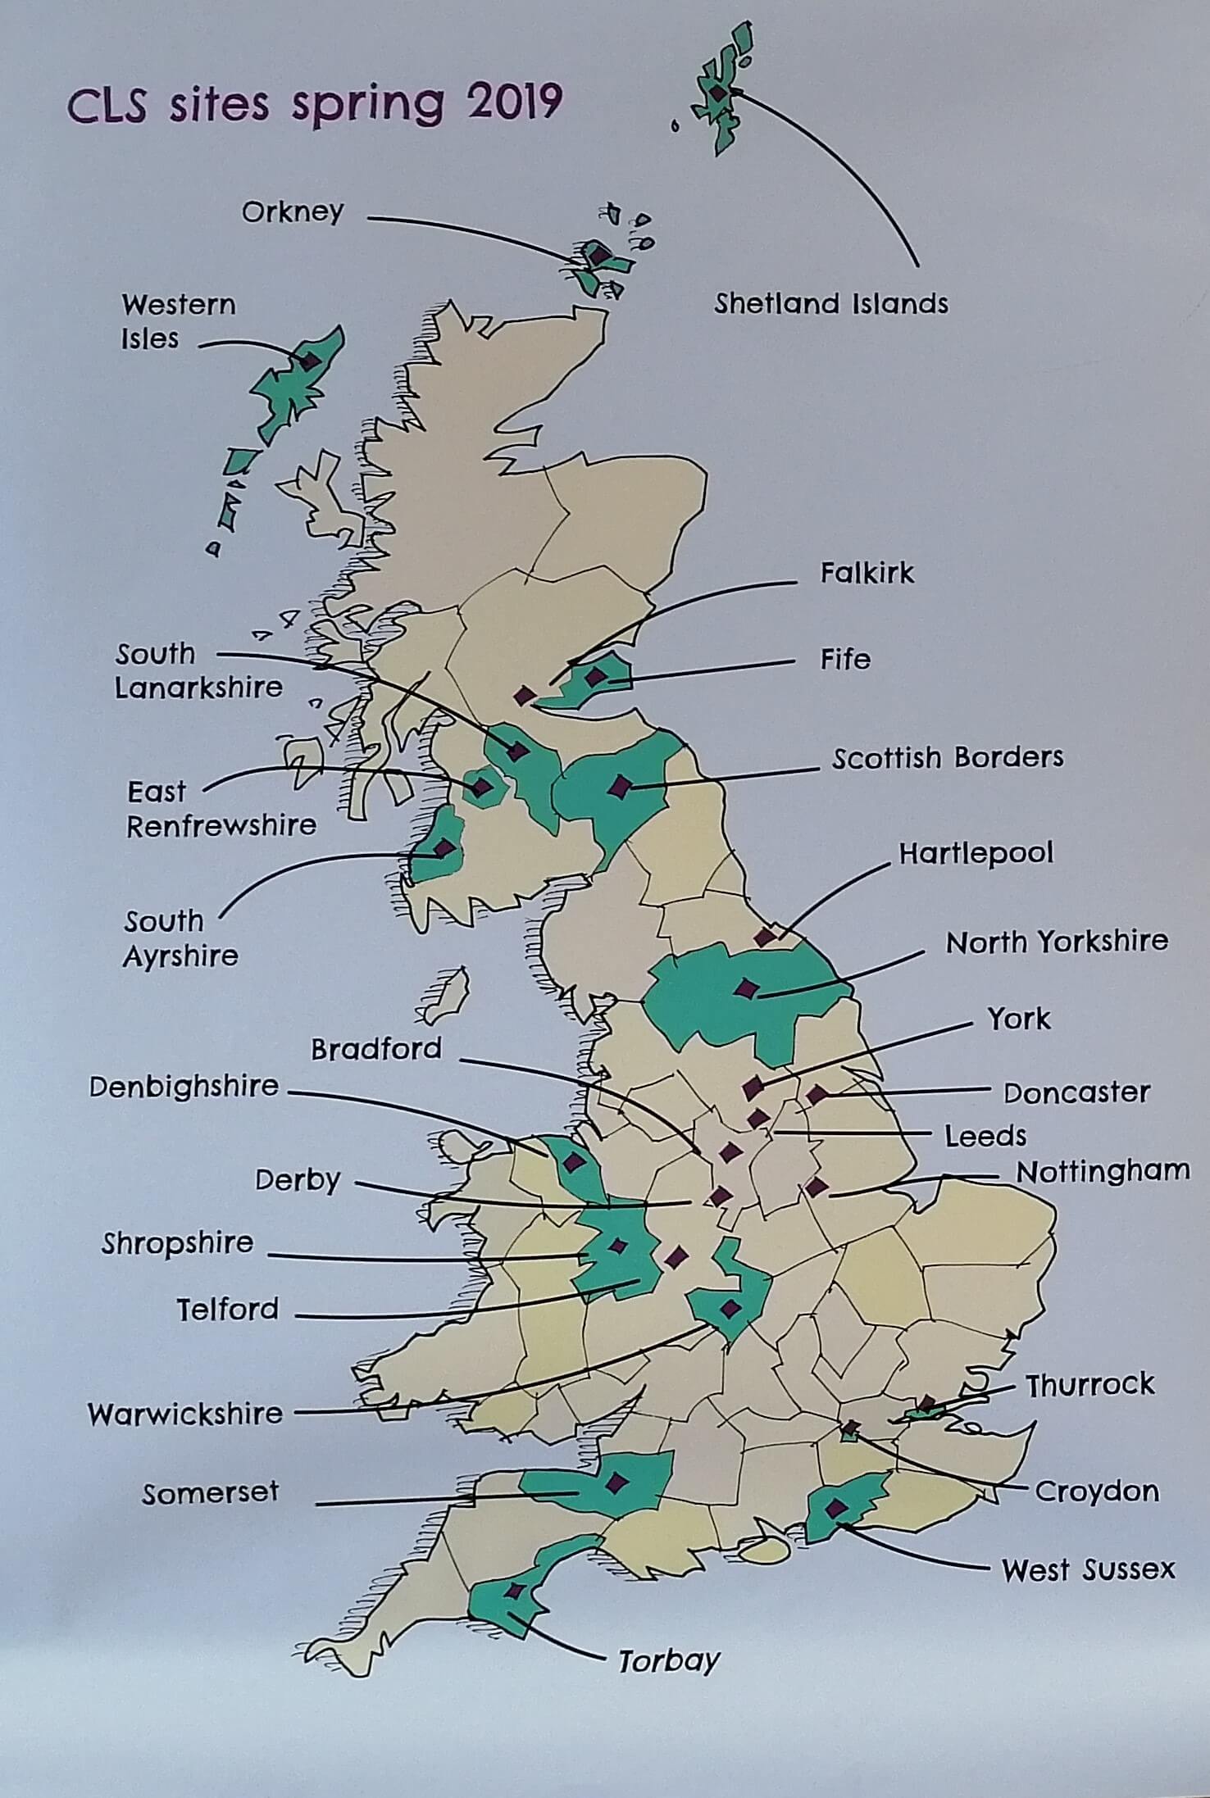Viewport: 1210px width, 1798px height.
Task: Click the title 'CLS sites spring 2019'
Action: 314,104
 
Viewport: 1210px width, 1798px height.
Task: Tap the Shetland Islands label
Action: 830,304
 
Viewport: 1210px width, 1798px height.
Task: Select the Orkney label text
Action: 293,212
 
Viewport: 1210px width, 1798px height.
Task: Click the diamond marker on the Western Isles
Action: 309,361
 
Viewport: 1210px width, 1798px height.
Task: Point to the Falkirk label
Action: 867,573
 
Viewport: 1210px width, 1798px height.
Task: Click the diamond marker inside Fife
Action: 596,677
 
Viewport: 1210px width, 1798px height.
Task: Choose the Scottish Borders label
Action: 948,757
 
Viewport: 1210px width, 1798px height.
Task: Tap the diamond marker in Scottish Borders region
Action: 621,787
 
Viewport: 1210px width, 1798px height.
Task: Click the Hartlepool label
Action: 976,854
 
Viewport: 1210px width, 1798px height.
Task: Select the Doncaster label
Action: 1076,1092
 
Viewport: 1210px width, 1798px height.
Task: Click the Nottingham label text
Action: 1103,1171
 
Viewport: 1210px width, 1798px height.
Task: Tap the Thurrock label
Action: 1090,1385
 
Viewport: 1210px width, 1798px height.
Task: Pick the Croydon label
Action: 1097,1491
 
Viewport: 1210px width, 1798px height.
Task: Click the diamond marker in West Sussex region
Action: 836,1507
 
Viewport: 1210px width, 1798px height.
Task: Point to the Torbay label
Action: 668,1661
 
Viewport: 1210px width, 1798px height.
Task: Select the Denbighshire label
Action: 184,1087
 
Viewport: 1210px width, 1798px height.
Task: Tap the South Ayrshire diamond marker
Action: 444,848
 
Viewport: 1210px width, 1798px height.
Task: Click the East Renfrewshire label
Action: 221,809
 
